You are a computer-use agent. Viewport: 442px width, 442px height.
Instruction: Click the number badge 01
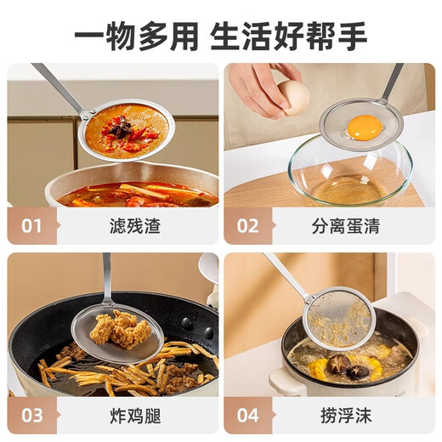click(x=31, y=226)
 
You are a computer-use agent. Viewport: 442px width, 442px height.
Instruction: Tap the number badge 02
click(x=248, y=226)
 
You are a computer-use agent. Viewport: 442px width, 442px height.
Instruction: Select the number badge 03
click(x=31, y=416)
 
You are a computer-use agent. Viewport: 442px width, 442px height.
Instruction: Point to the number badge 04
click(x=248, y=416)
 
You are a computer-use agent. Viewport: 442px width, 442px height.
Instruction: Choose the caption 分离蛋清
click(x=344, y=227)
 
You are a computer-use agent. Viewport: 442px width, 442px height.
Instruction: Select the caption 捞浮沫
click(x=344, y=416)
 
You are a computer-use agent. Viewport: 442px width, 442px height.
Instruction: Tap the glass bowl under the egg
click(x=348, y=174)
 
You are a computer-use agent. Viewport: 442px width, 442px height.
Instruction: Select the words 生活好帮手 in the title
click(x=289, y=35)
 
